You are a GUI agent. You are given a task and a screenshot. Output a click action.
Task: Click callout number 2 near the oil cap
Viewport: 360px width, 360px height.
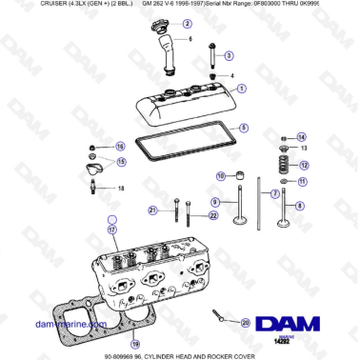point(187,23)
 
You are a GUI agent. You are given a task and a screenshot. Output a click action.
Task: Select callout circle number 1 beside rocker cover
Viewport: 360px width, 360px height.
point(242,89)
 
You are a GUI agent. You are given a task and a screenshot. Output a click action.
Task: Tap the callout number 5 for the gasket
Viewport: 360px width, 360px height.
point(243,128)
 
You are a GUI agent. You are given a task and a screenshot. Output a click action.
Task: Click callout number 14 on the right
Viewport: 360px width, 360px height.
point(301,137)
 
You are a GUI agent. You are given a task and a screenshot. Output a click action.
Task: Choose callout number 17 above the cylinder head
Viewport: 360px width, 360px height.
point(111,230)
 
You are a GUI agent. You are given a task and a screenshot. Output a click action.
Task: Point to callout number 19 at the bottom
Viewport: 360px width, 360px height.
point(135,344)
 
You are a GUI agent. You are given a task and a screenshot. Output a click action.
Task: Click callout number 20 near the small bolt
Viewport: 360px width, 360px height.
point(246,324)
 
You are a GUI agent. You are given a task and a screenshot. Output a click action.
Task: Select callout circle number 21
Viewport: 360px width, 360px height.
point(152,210)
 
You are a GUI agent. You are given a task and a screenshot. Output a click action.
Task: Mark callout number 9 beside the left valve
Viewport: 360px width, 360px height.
point(215,202)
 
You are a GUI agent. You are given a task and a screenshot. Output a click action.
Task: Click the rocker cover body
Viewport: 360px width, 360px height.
point(190,106)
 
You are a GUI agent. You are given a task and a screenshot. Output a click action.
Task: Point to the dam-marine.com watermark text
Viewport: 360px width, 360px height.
point(67,324)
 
